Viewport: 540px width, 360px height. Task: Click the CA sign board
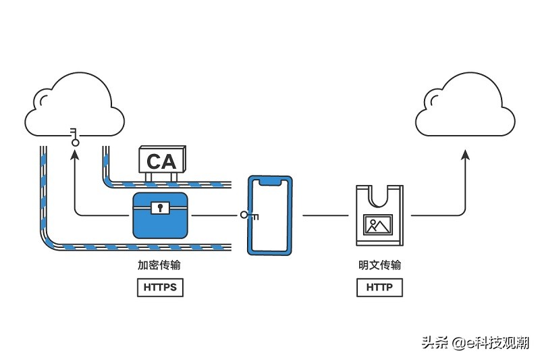pos(162,159)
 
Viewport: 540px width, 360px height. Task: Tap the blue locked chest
pos(161,215)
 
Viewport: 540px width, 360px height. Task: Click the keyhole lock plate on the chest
pos(160,208)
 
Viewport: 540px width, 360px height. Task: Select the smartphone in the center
pos(270,215)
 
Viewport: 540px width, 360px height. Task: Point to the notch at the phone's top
pos(270,182)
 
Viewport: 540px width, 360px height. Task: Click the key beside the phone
pos(249,215)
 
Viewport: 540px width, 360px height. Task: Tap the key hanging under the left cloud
pos(74,136)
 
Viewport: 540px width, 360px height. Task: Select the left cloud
pos(75,105)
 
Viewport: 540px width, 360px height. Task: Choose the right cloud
pos(465,105)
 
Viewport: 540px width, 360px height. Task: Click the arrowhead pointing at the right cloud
pos(466,155)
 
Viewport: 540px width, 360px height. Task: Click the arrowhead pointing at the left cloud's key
pos(75,155)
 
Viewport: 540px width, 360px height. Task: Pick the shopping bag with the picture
pos(379,215)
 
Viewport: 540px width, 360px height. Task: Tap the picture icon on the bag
pos(378,225)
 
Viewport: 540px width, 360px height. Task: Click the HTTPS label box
pos(160,287)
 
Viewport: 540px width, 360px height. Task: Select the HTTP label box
pos(379,287)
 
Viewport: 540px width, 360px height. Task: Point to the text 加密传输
pos(159,265)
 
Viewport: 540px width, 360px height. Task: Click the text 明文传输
pos(379,265)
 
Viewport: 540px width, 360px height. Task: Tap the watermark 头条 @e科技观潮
pos(475,343)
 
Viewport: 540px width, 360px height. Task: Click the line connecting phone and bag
pos(325,215)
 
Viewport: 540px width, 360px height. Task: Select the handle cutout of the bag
pos(379,196)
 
